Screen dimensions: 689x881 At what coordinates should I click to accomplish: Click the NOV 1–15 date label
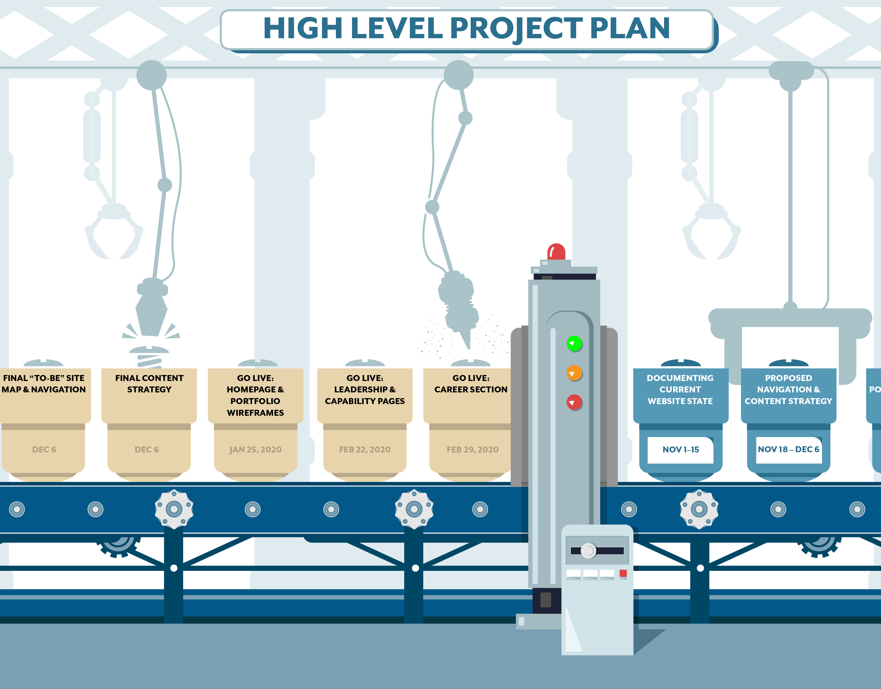tap(680, 449)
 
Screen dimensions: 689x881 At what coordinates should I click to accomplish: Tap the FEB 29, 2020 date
tap(472, 449)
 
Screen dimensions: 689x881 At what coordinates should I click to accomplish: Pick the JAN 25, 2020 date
tap(255, 449)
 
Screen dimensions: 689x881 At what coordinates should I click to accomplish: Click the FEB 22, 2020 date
tap(365, 449)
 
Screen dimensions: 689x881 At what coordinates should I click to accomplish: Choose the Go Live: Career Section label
tap(471, 384)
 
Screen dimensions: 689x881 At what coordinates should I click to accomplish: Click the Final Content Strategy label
tap(149, 384)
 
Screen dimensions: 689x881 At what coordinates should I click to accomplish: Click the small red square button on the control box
tap(623, 573)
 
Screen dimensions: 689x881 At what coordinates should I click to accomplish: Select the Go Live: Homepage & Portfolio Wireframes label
tap(255, 395)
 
